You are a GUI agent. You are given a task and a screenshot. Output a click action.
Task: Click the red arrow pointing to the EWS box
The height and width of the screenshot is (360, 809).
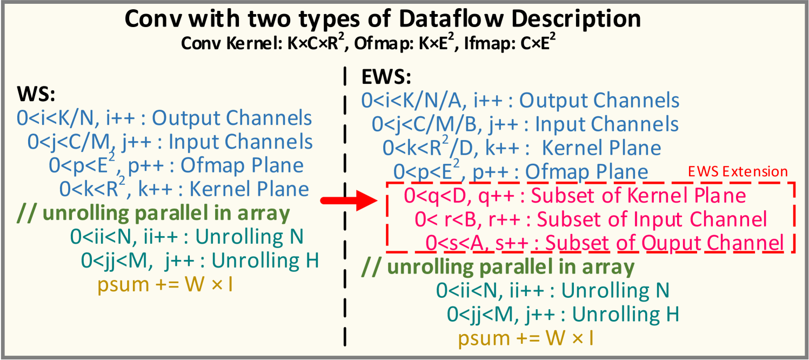349,201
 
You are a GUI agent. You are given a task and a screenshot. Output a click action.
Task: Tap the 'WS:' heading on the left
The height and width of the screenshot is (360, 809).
36,94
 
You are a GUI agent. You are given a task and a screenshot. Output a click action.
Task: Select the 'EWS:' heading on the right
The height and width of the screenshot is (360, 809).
386,77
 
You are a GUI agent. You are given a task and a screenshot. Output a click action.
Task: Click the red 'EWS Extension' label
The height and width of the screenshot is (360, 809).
738,171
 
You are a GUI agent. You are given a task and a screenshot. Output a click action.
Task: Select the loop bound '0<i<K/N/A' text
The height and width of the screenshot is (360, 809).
412,101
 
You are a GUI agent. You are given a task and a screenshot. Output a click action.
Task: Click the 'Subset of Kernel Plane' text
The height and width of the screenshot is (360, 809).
638,196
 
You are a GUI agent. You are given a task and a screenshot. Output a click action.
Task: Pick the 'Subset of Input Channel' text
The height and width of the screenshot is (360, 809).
652,219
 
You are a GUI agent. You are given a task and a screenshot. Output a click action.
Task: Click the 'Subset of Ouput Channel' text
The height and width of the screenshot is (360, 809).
665,243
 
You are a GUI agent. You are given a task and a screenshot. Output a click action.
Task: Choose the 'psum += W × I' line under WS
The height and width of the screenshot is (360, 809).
165,284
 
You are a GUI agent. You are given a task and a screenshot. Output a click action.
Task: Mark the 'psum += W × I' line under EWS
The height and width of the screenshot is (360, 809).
526,338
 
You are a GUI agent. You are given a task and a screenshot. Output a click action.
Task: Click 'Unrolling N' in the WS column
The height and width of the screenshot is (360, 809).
249,237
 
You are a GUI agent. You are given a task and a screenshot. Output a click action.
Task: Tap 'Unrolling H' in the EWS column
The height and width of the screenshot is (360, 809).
626,314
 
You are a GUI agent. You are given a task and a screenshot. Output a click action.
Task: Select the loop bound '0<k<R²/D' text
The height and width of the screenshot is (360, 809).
428,147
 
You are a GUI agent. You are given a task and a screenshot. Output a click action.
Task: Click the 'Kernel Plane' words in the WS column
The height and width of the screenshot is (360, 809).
249,189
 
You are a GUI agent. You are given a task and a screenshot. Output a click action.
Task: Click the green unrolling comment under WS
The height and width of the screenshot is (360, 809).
153,214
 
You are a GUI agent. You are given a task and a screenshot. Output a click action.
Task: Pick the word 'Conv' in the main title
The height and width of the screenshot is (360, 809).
153,19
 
